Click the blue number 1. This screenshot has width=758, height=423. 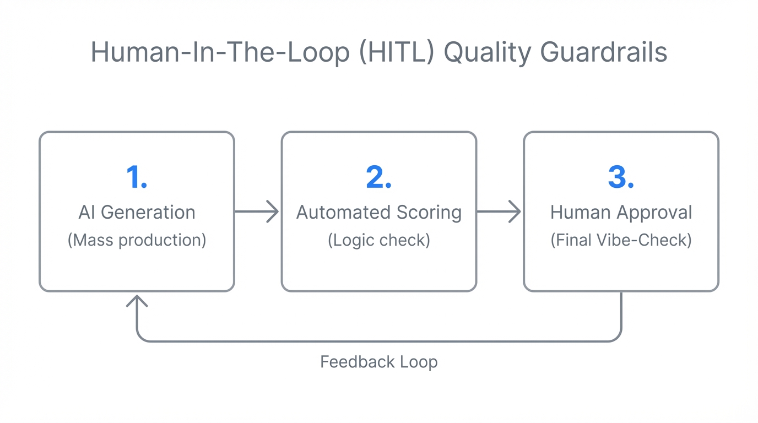(x=136, y=177)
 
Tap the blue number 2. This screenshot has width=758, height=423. (x=378, y=177)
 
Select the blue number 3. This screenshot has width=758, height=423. (x=621, y=177)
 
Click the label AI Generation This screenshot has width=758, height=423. (x=137, y=212)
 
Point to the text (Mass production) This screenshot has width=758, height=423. (x=137, y=240)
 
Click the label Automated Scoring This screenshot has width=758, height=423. (x=379, y=212)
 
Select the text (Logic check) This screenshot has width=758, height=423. (x=379, y=240)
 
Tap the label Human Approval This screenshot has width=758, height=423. (x=621, y=212)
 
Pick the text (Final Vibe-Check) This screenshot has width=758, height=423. (x=621, y=240)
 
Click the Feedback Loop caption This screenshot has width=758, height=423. (x=379, y=362)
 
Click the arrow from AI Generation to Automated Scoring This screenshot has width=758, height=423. (x=257, y=211)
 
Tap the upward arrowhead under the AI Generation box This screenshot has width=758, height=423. (x=137, y=301)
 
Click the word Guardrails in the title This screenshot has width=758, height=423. (x=603, y=53)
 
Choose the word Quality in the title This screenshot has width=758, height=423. (x=488, y=53)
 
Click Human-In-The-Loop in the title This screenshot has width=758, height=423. (x=220, y=53)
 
